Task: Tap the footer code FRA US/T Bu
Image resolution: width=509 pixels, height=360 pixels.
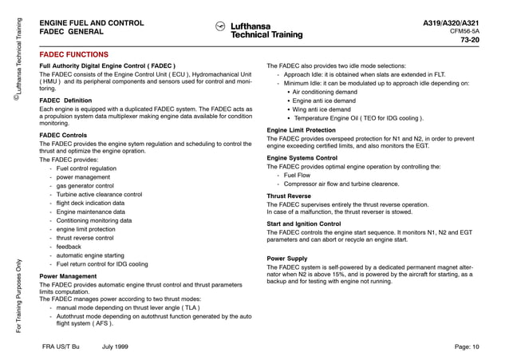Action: [61, 346]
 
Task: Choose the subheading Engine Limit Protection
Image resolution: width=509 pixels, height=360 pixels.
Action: [301, 129]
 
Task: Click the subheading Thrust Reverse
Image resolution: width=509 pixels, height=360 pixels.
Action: [289, 196]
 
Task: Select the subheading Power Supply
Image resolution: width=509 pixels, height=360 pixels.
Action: [287, 259]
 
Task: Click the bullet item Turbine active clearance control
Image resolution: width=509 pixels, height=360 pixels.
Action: [99, 194]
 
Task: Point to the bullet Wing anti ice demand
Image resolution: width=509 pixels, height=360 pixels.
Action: [322, 109]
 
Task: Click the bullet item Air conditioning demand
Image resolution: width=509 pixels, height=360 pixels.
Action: [325, 92]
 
